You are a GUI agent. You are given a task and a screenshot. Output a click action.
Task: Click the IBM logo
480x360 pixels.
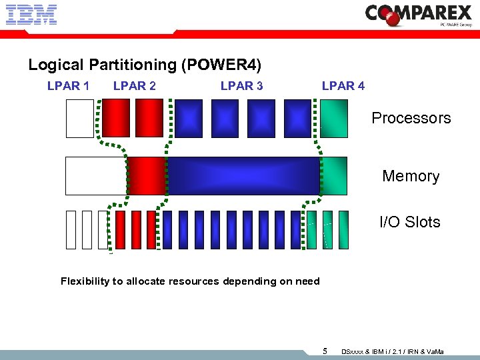(x=31, y=15)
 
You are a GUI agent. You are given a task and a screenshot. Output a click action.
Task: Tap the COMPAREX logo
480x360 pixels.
(x=419, y=15)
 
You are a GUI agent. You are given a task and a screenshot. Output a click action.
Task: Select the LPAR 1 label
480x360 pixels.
(x=68, y=85)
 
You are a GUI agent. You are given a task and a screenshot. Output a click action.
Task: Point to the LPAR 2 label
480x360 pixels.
(x=135, y=85)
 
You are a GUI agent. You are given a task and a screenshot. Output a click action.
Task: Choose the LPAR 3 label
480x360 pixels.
(x=241, y=85)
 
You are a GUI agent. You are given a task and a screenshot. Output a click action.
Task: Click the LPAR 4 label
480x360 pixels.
(x=343, y=85)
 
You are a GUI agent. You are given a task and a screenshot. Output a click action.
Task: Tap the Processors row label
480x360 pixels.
(x=411, y=118)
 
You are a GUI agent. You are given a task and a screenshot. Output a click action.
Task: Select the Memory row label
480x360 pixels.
(x=411, y=176)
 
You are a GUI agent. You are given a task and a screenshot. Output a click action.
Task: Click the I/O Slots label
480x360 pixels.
(x=409, y=222)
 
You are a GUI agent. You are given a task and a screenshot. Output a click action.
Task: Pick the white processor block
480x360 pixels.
(x=80, y=118)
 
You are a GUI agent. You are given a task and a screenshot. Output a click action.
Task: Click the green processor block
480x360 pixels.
(x=333, y=118)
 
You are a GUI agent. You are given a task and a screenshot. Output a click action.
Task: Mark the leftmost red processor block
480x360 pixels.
(x=115, y=118)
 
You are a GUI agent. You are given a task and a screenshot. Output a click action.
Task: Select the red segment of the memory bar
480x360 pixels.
(x=147, y=176)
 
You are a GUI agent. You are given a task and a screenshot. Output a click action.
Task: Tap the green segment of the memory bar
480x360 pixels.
(x=334, y=176)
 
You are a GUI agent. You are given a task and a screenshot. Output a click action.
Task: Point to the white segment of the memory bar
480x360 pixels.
(x=96, y=176)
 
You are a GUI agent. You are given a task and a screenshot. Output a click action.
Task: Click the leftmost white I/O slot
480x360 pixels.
(x=71, y=229)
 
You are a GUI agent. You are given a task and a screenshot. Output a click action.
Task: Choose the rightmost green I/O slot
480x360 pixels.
(x=344, y=229)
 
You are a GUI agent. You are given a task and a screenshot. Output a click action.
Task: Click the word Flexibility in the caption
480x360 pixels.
(x=85, y=281)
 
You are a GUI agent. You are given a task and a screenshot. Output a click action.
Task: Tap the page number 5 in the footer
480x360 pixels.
(x=325, y=351)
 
